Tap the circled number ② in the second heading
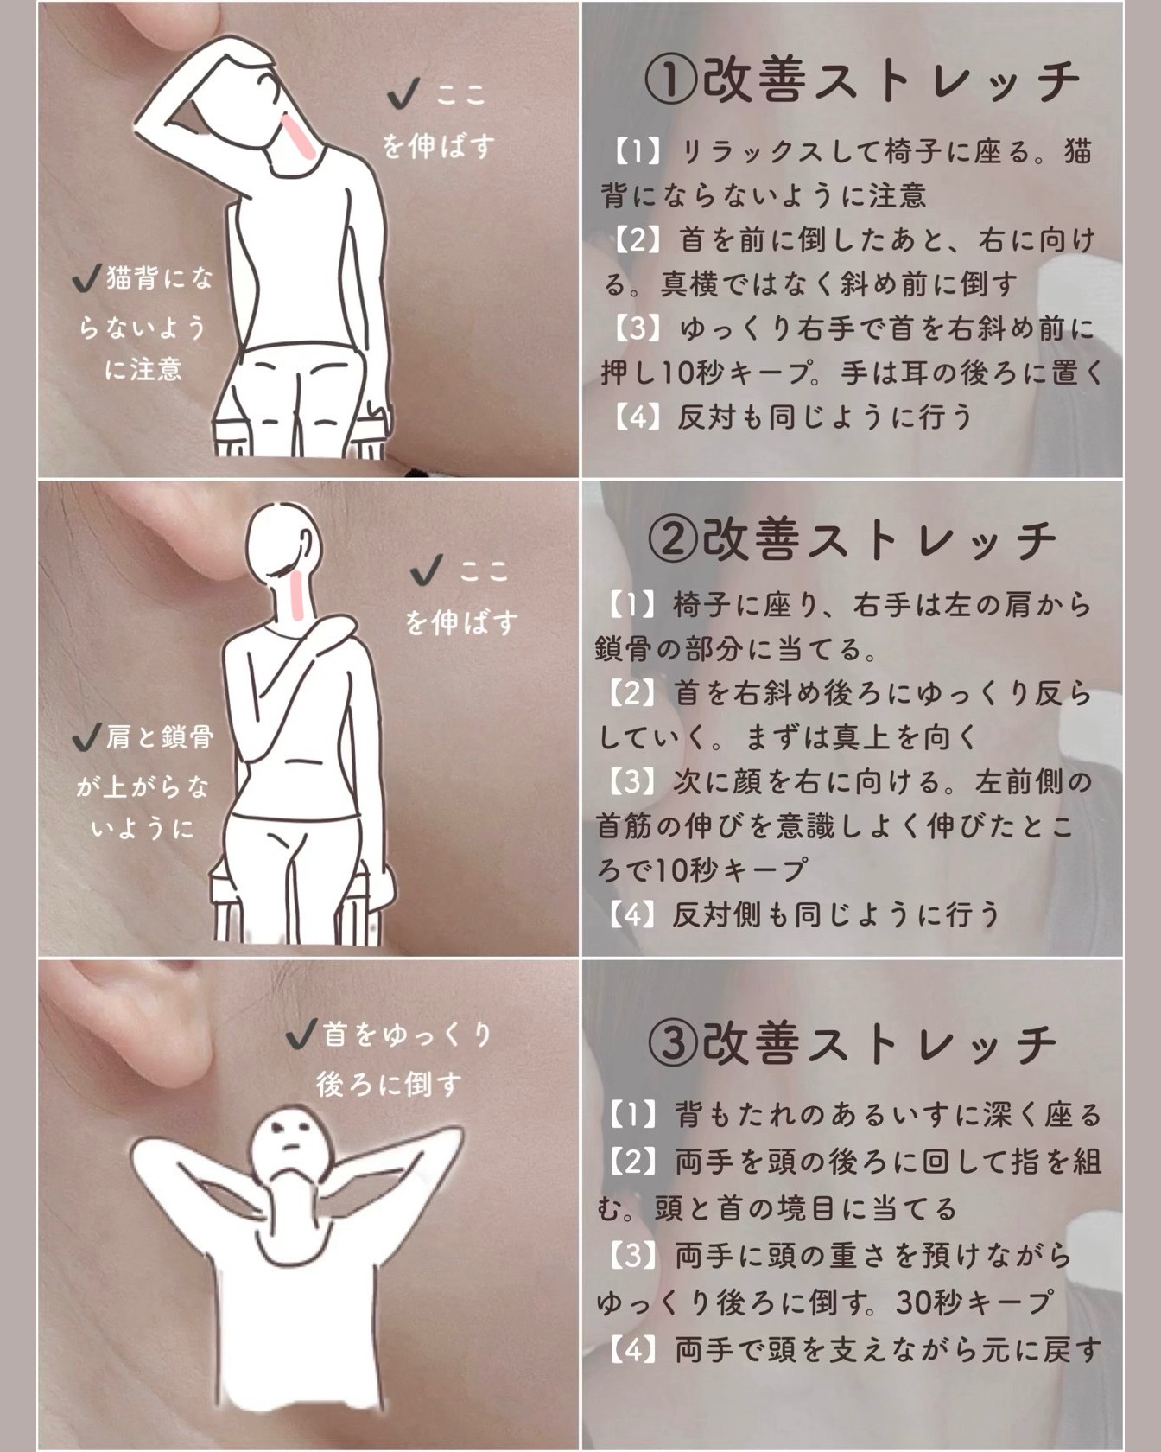pos(673,539)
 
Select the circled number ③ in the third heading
pos(673,1043)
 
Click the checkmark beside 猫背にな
pos(86,278)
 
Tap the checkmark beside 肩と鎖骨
pos(86,736)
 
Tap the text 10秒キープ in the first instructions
pos(738,373)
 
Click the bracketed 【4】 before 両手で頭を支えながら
pos(635,1349)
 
